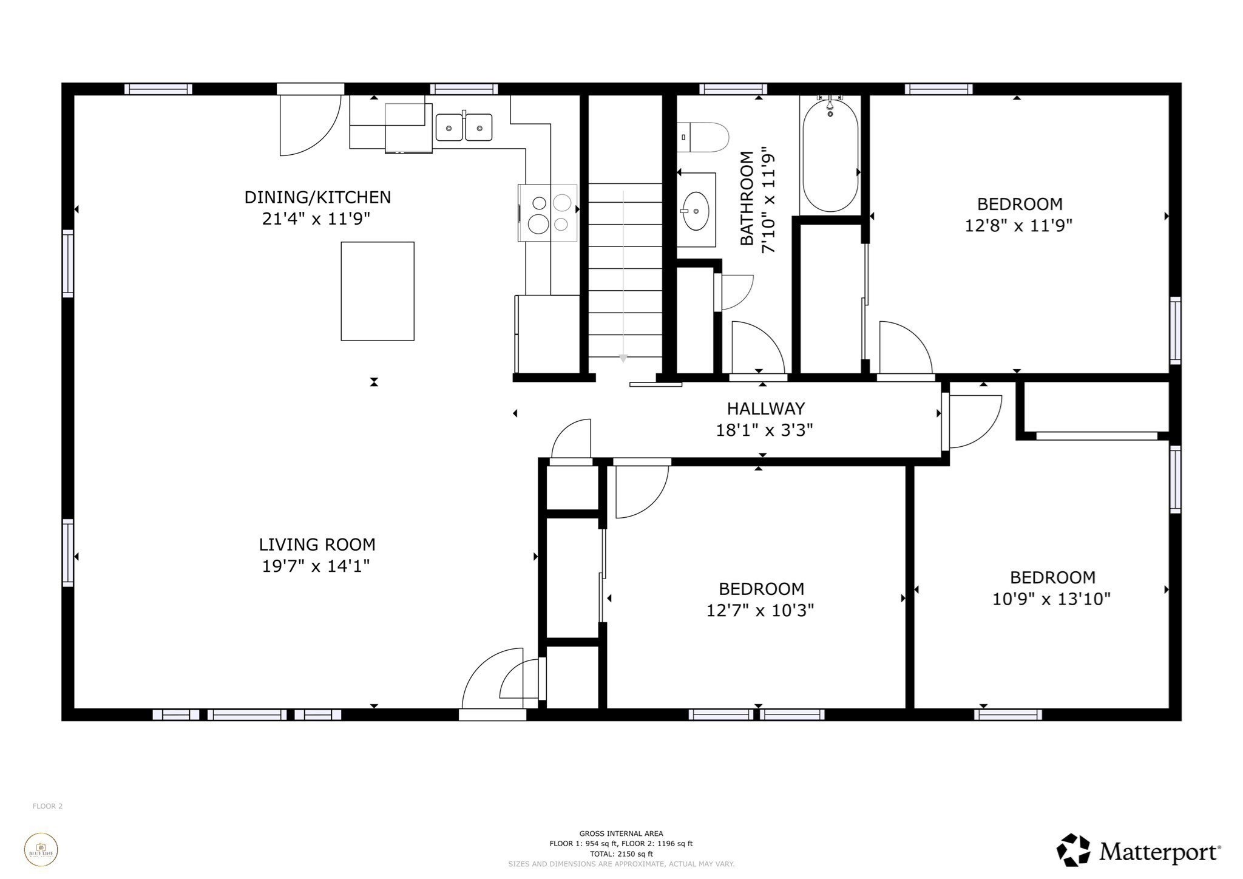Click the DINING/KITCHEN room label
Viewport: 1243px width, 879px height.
coord(317,197)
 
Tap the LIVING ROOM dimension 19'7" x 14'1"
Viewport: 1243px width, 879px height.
coord(316,566)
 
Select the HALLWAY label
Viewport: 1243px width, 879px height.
coord(765,409)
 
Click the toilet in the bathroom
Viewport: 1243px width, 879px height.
coord(704,138)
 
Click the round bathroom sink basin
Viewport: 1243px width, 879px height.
coord(696,211)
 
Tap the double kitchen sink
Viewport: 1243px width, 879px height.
coord(464,128)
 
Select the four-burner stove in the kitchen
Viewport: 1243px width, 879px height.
coord(549,213)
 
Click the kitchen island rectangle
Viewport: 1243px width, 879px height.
coord(378,291)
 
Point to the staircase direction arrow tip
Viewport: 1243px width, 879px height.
coord(623,359)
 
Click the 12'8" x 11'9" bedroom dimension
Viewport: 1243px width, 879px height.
coord(1018,226)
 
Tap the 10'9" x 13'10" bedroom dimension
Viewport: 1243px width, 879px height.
coord(1051,599)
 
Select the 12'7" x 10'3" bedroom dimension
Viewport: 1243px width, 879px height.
coord(760,610)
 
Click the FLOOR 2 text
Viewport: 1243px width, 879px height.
coord(47,806)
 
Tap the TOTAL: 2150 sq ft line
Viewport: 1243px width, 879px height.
coord(621,854)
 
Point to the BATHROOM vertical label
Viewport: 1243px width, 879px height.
coord(747,199)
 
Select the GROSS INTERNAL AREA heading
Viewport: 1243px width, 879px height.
coord(621,833)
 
